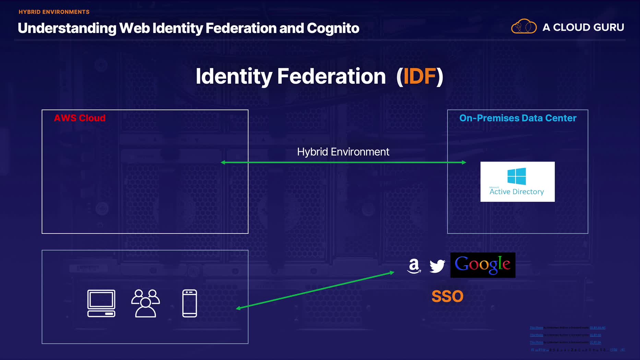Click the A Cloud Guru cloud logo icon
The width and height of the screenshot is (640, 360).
pos(524,26)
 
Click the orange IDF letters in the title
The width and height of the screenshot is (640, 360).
pos(419,76)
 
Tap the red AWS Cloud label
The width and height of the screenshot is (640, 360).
pos(80,118)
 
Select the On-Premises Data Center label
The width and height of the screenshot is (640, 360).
pos(518,118)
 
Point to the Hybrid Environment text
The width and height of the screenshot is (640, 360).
pos(343,152)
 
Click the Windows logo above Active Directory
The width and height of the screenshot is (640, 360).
pos(517,176)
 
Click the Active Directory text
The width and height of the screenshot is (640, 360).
pos(517,192)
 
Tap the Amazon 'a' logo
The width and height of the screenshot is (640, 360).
pos(414,266)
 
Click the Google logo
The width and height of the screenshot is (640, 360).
pos(483,265)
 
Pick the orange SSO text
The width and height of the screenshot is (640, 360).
pos(447,296)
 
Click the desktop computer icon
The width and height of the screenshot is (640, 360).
pos(101,303)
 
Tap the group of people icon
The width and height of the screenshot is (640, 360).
pos(145,303)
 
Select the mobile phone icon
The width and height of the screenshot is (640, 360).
pos(190,303)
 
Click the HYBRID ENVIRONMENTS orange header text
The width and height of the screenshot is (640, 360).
pos(54,12)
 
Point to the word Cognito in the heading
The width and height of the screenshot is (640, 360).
pos(333,28)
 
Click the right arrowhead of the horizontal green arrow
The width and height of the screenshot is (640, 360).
pos(464,162)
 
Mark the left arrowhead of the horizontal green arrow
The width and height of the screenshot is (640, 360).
pos(223,162)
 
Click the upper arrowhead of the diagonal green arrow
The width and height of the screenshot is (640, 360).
pos(392,273)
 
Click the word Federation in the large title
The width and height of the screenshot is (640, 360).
pos(331,76)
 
